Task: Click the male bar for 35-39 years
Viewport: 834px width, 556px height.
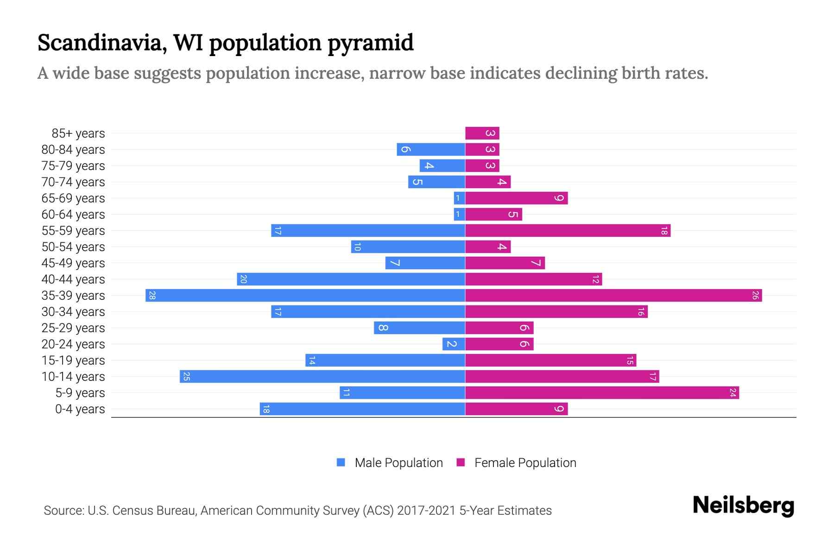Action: [305, 296]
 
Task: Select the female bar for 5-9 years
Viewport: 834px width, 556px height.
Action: [602, 393]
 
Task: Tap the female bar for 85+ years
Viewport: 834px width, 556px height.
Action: [482, 133]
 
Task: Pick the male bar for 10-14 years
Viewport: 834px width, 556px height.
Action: [322, 377]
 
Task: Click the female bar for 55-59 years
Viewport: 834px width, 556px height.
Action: [568, 231]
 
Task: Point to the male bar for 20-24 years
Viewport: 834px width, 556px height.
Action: [454, 344]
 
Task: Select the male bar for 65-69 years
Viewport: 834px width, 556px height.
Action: [459, 198]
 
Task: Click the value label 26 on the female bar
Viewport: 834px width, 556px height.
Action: [755, 296]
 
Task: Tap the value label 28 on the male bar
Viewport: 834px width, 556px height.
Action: [152, 296]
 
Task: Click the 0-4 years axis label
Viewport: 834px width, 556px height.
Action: [80, 409]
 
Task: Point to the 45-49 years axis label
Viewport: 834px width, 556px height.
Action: [73, 263]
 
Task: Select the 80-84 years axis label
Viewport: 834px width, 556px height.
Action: [73, 150]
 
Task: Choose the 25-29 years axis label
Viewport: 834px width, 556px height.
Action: [73, 328]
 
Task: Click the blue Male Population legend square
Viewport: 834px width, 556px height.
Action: [341, 462]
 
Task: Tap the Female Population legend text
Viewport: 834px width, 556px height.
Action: [525, 463]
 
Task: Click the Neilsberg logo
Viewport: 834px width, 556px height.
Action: [743, 505]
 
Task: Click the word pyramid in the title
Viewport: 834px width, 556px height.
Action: [370, 43]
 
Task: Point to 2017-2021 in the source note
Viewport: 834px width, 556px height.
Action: [426, 511]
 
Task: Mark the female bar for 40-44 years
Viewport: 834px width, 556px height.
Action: [533, 279]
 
